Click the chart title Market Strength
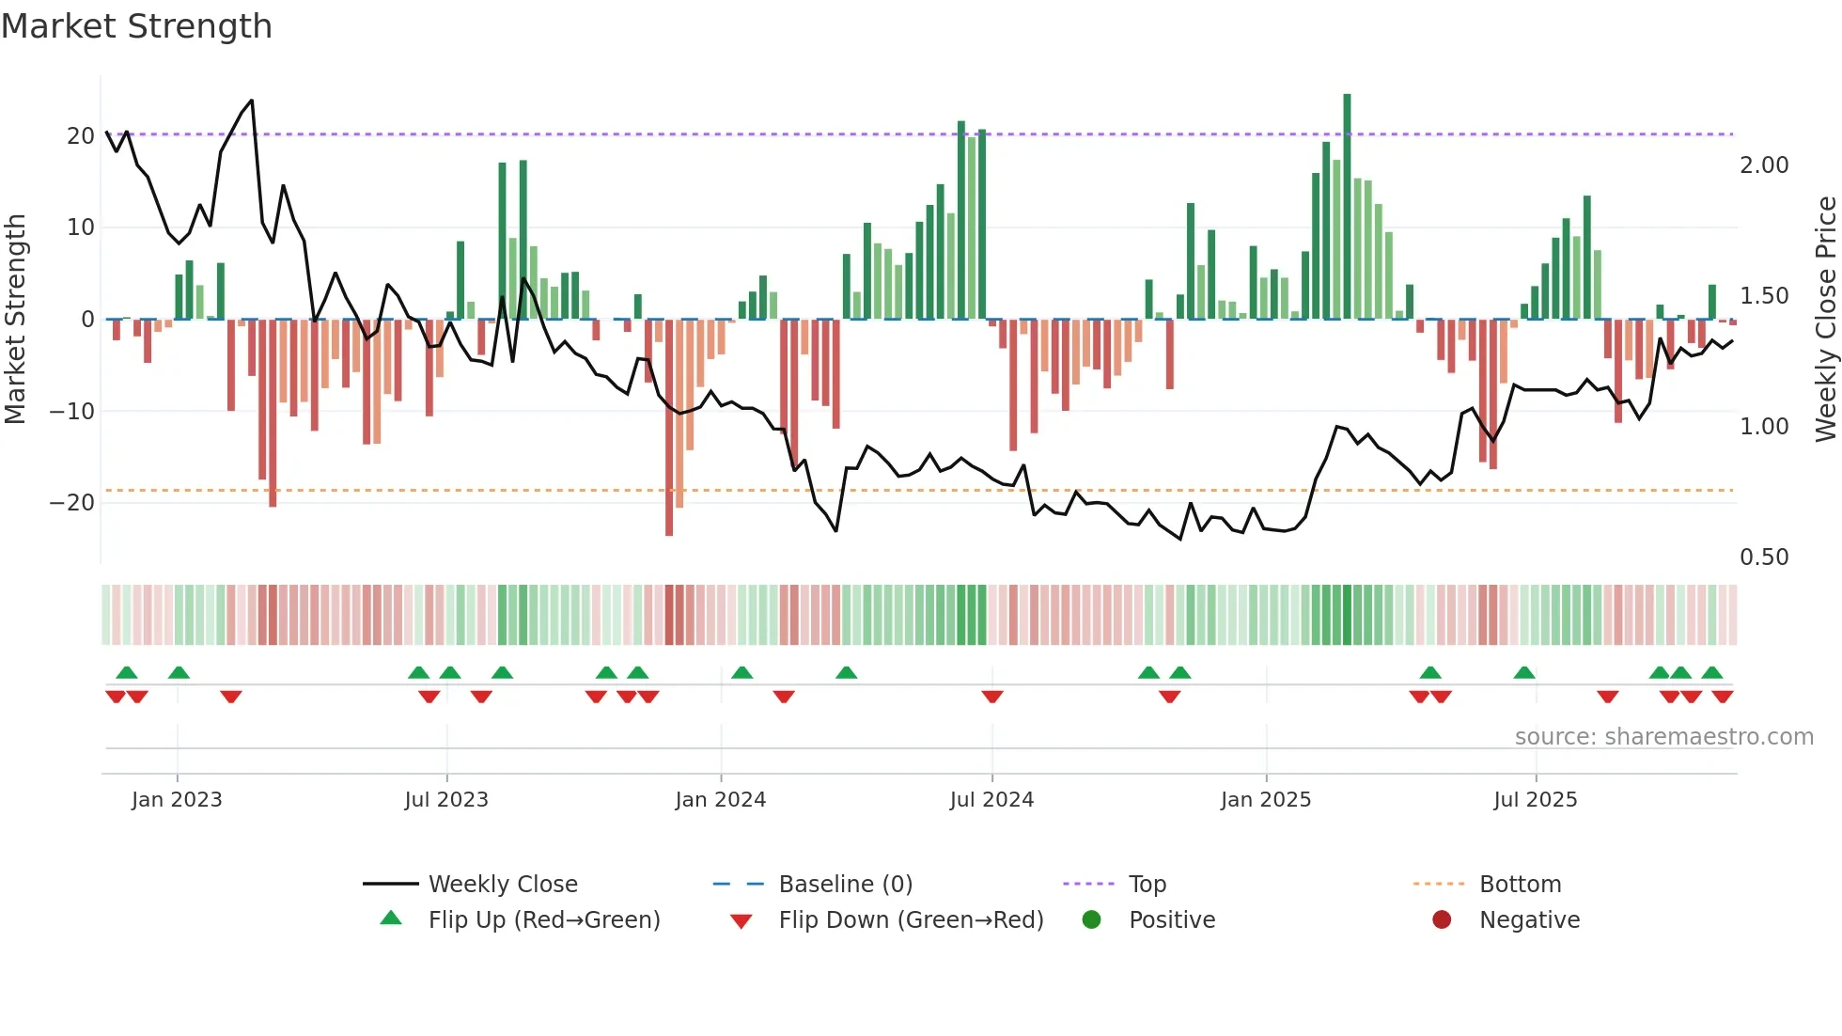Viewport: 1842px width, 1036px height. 137,26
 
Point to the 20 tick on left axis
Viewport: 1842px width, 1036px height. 81,136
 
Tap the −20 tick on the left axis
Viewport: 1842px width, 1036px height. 72,503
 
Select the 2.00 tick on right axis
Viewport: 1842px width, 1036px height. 1764,165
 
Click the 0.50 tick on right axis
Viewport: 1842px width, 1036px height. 1764,557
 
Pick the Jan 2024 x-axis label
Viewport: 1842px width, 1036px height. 720,800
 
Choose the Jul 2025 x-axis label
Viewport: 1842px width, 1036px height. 1535,800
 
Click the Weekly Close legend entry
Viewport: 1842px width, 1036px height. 503,885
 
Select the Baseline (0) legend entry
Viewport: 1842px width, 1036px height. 845,885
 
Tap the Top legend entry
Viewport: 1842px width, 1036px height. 1147,885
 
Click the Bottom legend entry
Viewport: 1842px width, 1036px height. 1520,885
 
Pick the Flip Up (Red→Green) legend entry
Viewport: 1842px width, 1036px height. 544,920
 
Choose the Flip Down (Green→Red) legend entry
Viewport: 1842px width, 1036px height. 911,920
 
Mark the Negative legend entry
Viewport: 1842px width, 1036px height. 1529,920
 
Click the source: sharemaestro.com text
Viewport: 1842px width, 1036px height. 1663,737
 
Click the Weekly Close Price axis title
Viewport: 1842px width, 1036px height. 1825,320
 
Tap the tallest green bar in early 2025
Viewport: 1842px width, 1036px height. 1347,207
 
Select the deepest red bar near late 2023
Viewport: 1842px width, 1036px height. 669,428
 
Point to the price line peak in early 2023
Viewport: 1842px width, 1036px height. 251,101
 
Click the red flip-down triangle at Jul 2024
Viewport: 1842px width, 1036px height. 992,697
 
